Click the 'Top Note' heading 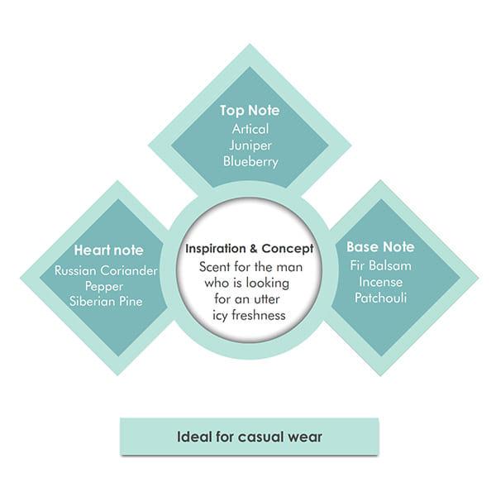tap(250, 111)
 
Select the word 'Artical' tap(250, 129)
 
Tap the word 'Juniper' tap(250, 145)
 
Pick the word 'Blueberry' tap(250, 162)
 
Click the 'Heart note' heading tap(108, 250)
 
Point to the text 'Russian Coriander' tap(106, 270)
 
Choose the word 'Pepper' tap(104, 287)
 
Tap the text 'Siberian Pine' tap(106, 301)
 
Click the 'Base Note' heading tap(380, 246)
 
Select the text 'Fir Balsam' tap(380, 265)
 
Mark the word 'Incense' tap(380, 282)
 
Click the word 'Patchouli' tap(380, 298)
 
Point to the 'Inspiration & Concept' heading tap(250, 249)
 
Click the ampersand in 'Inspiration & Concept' tap(254, 249)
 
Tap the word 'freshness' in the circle tap(259, 316)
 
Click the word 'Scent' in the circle tap(214, 267)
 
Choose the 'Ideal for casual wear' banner tap(250, 436)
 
